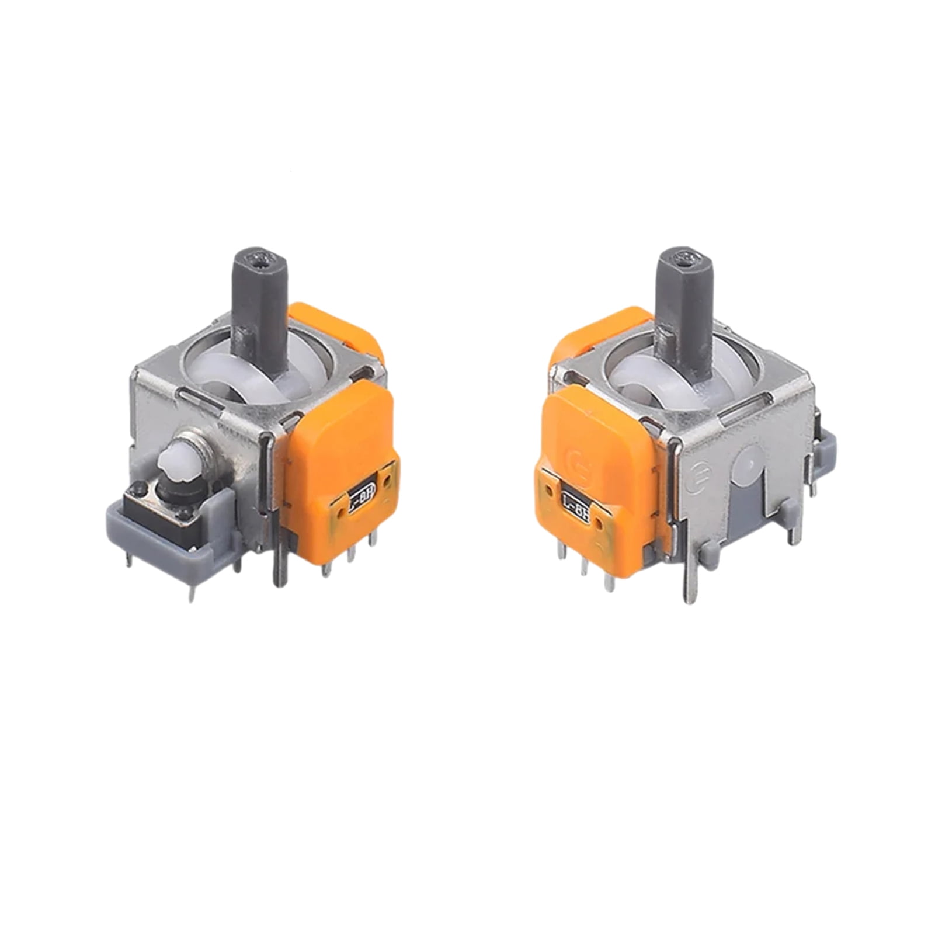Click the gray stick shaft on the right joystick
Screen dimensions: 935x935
point(682,298)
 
